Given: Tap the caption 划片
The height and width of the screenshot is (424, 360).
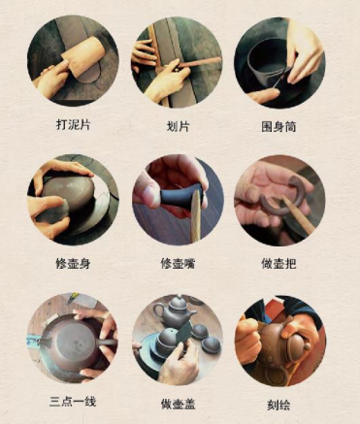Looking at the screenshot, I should (177, 125).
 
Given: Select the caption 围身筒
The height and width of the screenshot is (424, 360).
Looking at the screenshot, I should (279, 125).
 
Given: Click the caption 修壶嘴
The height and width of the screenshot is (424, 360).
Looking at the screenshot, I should (177, 263).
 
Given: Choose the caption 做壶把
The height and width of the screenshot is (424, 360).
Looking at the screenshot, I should (279, 263).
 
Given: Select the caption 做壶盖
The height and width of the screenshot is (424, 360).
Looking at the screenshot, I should (177, 402).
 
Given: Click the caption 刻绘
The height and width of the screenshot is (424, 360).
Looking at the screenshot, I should (279, 402).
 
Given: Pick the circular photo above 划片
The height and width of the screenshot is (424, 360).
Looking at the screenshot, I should (177, 60).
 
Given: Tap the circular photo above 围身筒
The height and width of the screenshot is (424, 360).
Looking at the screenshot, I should (279, 60).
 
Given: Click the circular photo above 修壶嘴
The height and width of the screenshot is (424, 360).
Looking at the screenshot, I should (177, 199).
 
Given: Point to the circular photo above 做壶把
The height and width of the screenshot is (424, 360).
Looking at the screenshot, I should (279, 199).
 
